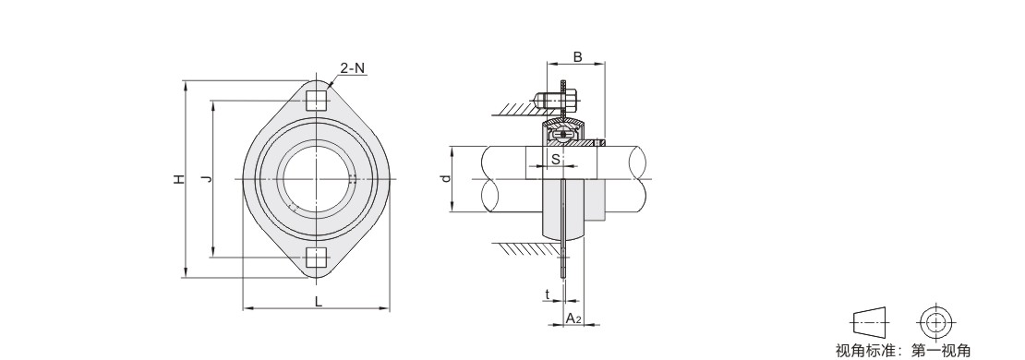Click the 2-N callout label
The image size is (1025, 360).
(353, 68)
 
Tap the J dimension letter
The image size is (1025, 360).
(205, 179)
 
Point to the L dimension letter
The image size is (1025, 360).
(318, 301)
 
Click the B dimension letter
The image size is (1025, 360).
(577, 57)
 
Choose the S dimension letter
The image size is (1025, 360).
(555, 159)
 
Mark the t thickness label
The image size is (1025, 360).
(548, 294)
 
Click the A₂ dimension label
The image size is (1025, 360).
(573, 318)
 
